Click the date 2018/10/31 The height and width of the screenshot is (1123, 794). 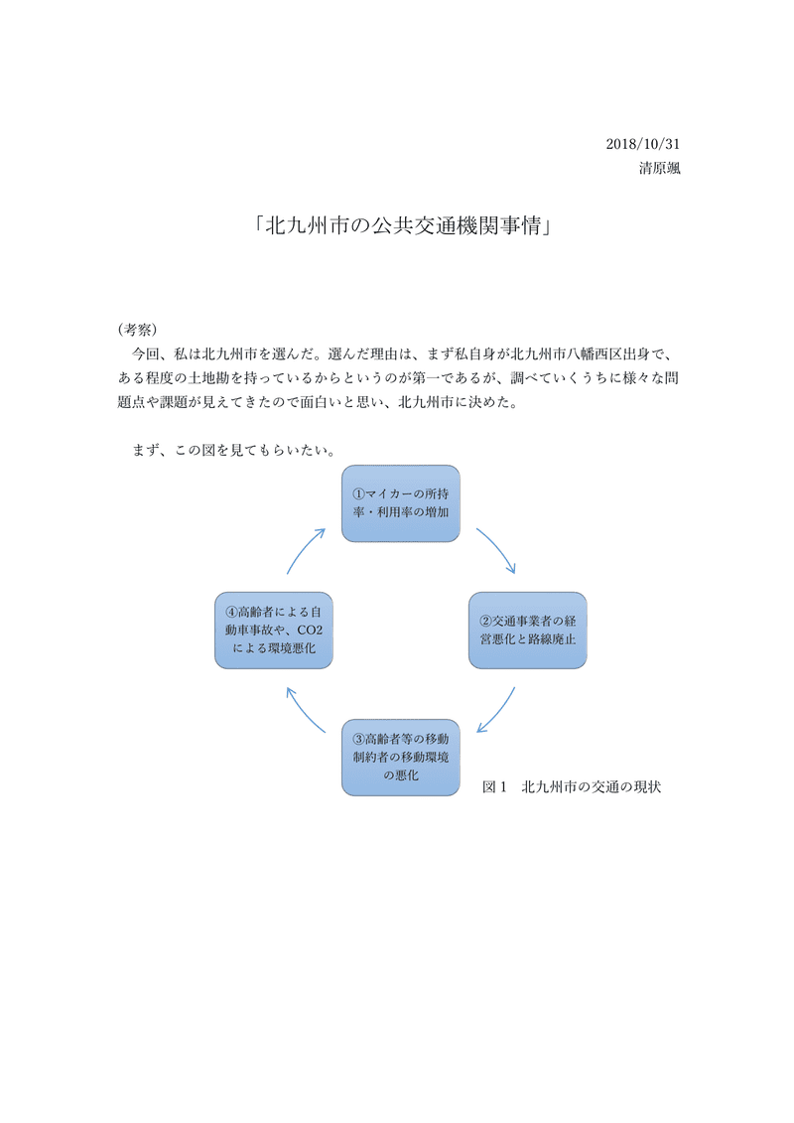[x=642, y=144]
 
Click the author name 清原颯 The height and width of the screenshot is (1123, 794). [x=659, y=168]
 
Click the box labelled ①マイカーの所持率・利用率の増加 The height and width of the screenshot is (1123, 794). [x=401, y=502]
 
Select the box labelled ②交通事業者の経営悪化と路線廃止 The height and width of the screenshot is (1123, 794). [x=526, y=631]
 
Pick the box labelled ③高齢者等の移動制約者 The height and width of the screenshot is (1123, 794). [x=401, y=757]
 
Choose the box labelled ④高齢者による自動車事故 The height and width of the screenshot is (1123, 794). [x=274, y=631]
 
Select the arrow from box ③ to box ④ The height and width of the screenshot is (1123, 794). [x=304, y=709]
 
